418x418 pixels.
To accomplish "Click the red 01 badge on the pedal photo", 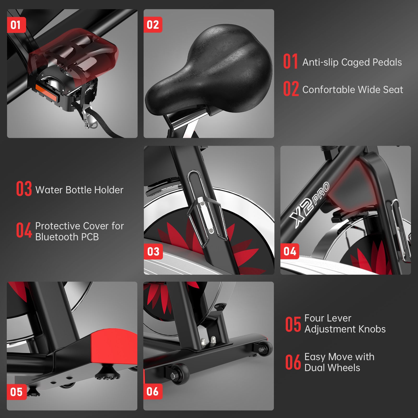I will point(16,25).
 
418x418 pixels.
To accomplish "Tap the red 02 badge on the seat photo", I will point(153,25).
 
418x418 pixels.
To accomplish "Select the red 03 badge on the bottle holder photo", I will point(153,252).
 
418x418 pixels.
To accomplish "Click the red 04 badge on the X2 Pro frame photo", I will point(290,251).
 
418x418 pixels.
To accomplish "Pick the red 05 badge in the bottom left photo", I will point(16,392).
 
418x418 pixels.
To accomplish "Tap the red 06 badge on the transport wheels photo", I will point(153,391).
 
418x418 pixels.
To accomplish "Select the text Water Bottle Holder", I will point(79,190).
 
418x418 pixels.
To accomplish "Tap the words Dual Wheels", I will point(332,368).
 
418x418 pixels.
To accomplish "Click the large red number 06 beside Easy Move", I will point(293,362).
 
